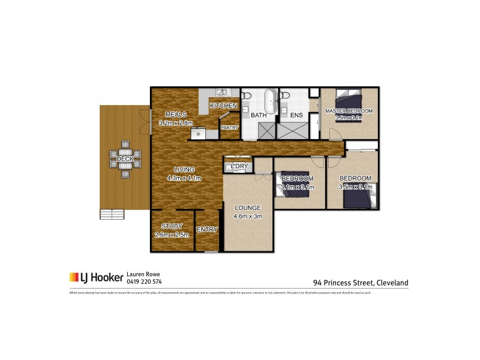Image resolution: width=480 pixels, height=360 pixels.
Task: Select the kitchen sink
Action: click(x=221, y=92)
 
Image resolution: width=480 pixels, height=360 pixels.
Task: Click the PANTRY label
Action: click(x=229, y=127)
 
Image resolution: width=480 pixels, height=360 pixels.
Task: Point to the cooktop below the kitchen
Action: click(x=199, y=134)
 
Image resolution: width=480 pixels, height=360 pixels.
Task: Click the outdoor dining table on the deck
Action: click(x=125, y=159)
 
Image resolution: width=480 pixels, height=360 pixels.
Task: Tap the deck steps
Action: click(x=112, y=214)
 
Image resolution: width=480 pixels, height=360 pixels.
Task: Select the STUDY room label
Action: click(x=172, y=226)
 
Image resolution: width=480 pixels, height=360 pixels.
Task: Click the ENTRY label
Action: click(x=207, y=229)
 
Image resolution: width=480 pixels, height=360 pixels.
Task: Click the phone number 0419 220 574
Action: click(x=145, y=281)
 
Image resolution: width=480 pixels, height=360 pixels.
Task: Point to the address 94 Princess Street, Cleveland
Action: click(x=360, y=281)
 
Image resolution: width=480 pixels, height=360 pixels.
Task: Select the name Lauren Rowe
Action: click(x=143, y=274)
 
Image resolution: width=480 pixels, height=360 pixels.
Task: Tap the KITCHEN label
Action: click(x=223, y=106)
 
